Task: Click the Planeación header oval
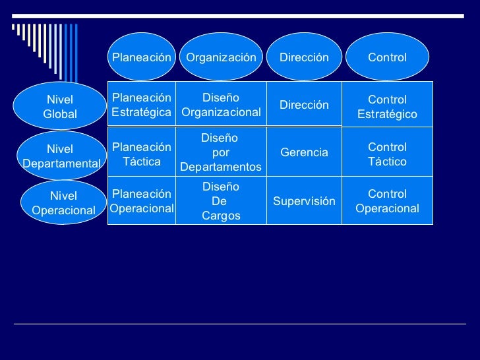[x=142, y=57]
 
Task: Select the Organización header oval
[x=221, y=57]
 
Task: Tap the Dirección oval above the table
[x=304, y=57]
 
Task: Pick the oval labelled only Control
[x=388, y=57]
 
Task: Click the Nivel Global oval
[x=60, y=107]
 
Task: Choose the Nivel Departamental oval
[x=60, y=156]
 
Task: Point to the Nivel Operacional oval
[x=63, y=203]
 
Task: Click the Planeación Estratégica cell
[x=142, y=105]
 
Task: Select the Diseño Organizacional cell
[x=221, y=105]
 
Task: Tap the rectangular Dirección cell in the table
[x=304, y=105]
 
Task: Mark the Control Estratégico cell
[x=388, y=107]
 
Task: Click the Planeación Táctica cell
[x=142, y=154]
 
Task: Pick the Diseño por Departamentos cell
[x=221, y=153]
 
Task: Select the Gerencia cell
[x=304, y=153]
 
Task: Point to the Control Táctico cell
[x=388, y=154]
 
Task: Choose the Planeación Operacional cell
[x=142, y=201]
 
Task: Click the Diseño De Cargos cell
[x=221, y=201]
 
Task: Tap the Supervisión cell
[x=304, y=201]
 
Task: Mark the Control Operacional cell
[x=388, y=201]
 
